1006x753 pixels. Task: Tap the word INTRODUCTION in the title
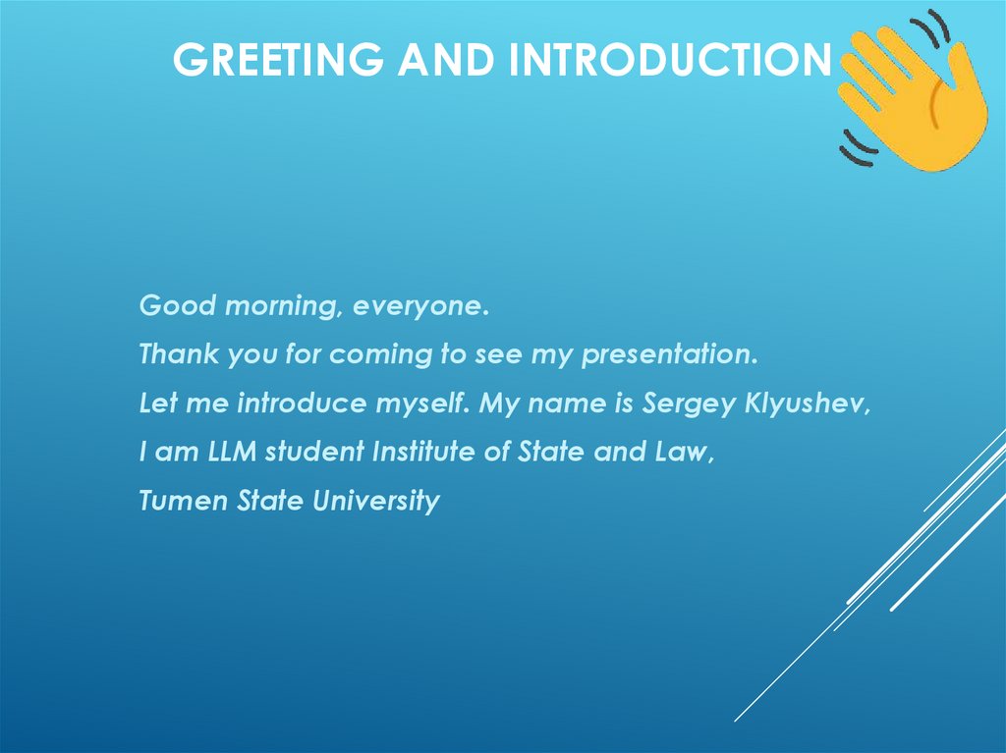pos(668,60)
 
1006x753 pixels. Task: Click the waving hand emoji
pos(914,93)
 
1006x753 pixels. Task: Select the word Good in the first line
pos(178,305)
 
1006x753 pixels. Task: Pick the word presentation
pos(669,355)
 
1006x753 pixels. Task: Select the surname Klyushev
pos(810,404)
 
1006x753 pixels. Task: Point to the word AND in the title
pos(446,60)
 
